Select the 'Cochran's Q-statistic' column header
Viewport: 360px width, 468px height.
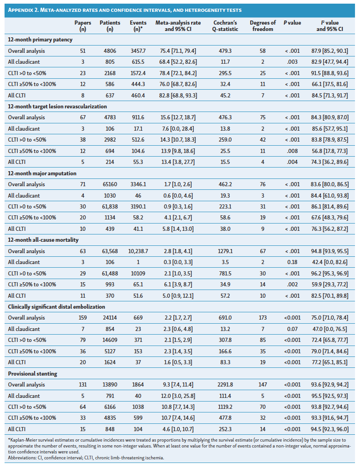(226, 26)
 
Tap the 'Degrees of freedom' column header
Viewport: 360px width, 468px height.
(263, 26)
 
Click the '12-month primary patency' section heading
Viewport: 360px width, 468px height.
(40, 40)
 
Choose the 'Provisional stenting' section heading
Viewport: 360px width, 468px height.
(33, 373)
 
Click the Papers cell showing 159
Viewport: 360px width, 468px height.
(82, 318)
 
